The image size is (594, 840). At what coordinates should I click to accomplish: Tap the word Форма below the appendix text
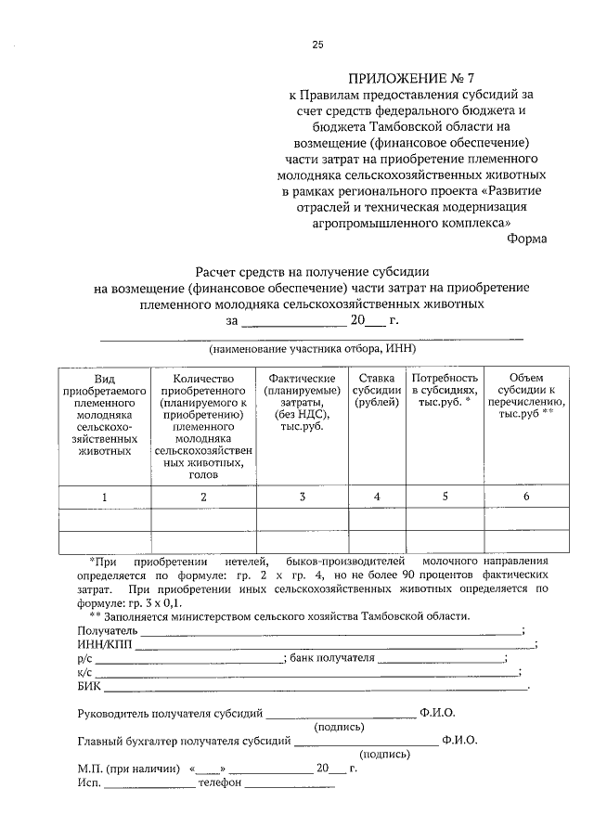pyautogui.click(x=527, y=238)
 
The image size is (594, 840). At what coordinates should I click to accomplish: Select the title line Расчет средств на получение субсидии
pyautogui.click(x=311, y=272)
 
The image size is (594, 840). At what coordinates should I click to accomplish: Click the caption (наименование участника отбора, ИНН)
pyautogui.click(x=311, y=349)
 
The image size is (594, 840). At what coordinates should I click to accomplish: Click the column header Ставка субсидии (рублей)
pyautogui.click(x=377, y=391)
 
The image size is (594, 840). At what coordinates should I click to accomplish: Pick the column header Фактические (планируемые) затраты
pyautogui.click(x=302, y=404)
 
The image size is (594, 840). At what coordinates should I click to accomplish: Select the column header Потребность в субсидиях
pyautogui.click(x=445, y=391)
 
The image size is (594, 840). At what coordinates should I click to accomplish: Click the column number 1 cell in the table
pyautogui.click(x=105, y=497)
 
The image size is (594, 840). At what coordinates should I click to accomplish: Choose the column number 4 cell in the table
pyautogui.click(x=377, y=497)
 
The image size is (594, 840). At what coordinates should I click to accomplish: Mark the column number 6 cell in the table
pyautogui.click(x=526, y=497)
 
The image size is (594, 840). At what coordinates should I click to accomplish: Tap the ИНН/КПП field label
pyautogui.click(x=105, y=644)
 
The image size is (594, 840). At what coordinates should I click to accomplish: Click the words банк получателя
pyautogui.click(x=332, y=658)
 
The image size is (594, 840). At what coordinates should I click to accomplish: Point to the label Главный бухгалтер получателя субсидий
pyautogui.click(x=184, y=741)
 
